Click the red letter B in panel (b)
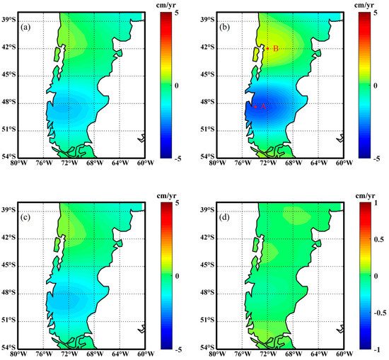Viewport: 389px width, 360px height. pyautogui.click(x=276, y=48)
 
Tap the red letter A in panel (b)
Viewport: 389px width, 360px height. pyautogui.click(x=263, y=106)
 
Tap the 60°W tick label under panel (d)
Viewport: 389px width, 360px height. pyautogui.click(x=344, y=354)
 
